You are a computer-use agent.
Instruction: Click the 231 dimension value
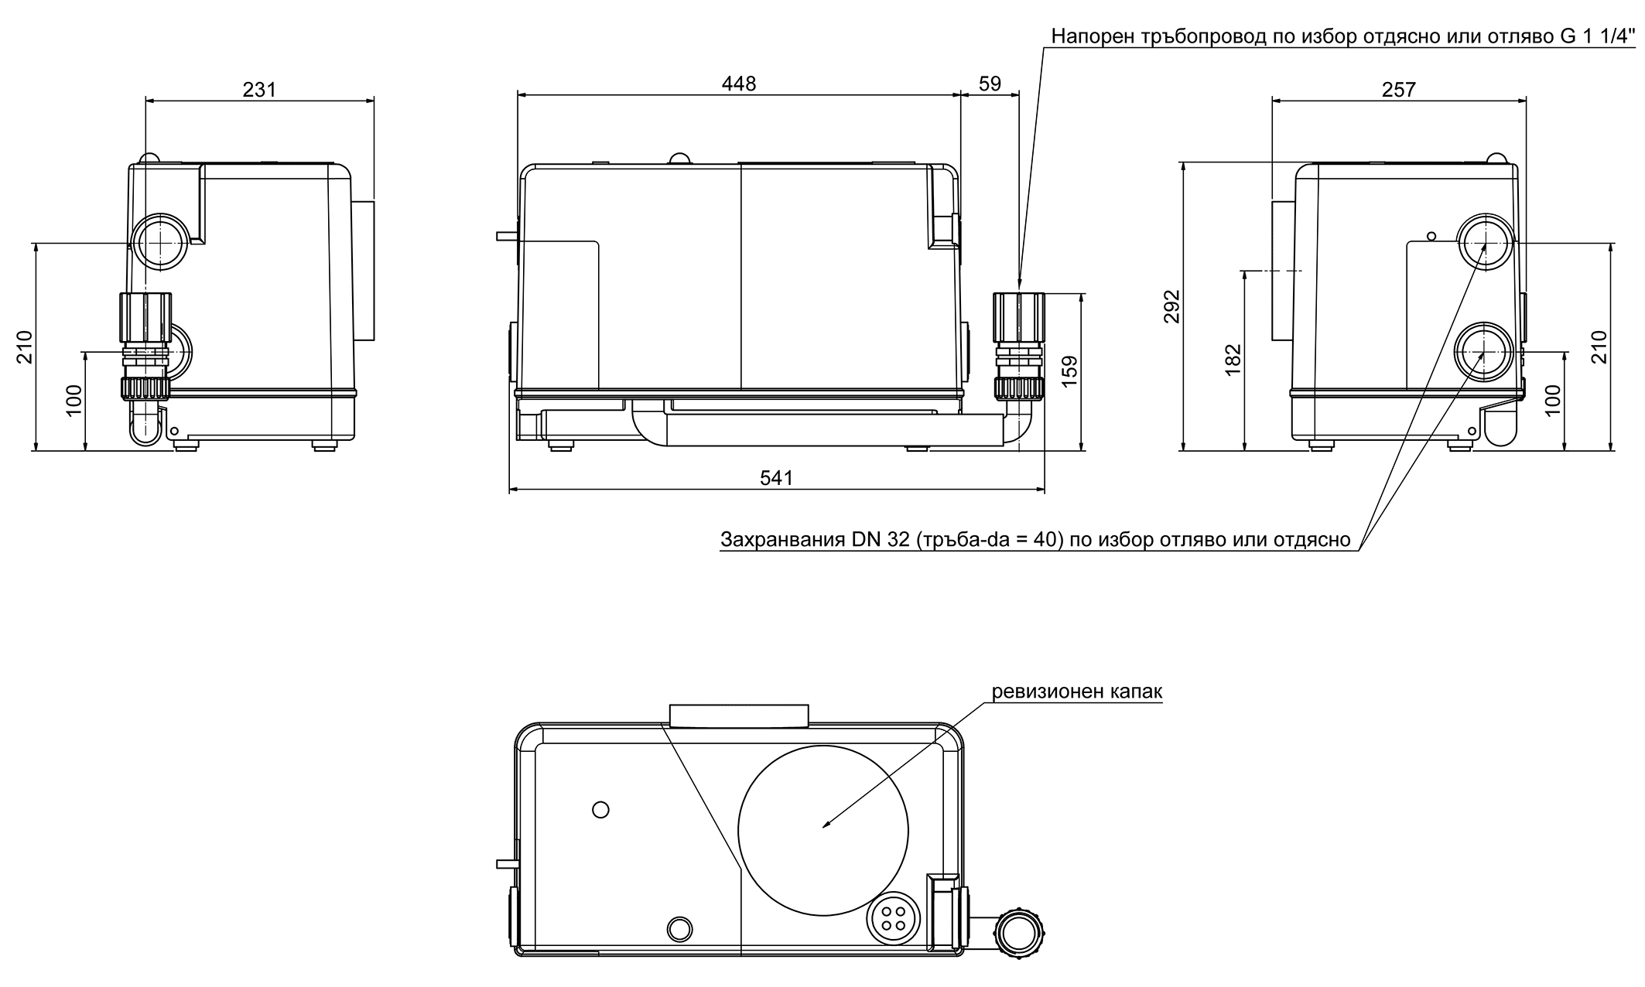(x=259, y=90)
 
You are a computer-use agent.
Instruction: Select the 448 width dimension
(x=738, y=84)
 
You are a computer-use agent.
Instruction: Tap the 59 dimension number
(x=990, y=84)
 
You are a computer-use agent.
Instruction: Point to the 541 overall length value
(x=776, y=479)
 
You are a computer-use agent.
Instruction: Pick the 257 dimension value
(x=1398, y=90)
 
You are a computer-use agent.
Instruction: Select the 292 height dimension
(x=1171, y=306)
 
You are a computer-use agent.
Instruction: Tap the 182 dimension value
(x=1233, y=360)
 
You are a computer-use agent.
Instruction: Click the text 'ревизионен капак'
(x=1077, y=692)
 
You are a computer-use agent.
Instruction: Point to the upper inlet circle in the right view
(x=1483, y=241)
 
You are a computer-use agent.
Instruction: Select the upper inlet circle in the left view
(x=160, y=241)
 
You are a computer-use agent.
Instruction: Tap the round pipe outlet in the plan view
(x=1019, y=934)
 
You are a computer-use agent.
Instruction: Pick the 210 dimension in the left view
(x=24, y=346)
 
